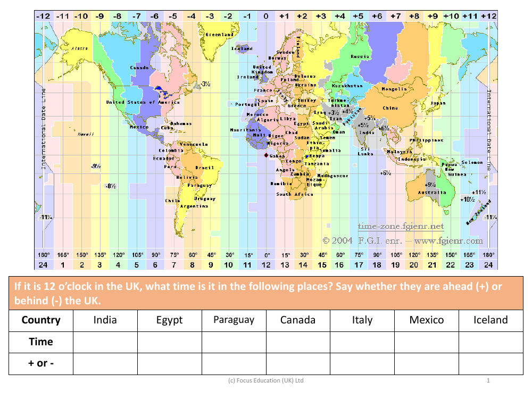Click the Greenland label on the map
tap(220, 35)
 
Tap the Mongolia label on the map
tap(395, 89)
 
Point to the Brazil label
tap(204, 168)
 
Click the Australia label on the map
tap(432, 193)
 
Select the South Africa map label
tap(295, 194)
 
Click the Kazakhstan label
tap(347, 86)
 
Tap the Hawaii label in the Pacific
tap(86, 134)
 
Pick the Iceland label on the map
tap(242, 48)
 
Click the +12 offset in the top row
tap(488, 16)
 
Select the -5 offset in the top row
tap(173, 16)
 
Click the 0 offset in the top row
tap(266, 16)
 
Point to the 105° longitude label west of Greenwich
tap(137, 255)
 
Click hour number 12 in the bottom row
tap(266, 264)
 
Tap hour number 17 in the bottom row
tap(359, 264)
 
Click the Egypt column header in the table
tap(170, 320)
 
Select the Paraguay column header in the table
tap(234, 320)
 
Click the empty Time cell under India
tap(105, 342)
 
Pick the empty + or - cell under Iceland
tap(491, 363)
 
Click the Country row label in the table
tap(41, 320)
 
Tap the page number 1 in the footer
tap(488, 380)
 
